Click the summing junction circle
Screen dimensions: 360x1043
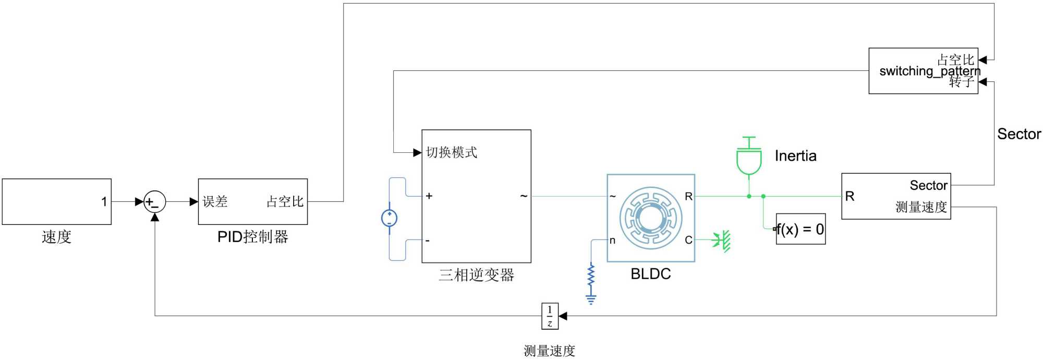click(x=154, y=202)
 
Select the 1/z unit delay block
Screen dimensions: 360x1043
click(x=550, y=316)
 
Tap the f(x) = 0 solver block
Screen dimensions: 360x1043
click(x=801, y=229)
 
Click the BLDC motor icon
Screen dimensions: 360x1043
click(x=650, y=218)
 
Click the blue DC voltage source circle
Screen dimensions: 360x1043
click(x=390, y=218)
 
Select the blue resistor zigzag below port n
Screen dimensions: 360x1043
click(x=591, y=275)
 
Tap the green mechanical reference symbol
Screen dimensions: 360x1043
click(x=723, y=241)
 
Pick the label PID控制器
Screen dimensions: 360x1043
click(x=253, y=237)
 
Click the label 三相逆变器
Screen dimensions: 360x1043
click(x=476, y=275)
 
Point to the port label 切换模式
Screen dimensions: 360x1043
click(x=452, y=152)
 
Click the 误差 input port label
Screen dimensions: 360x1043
click(x=215, y=202)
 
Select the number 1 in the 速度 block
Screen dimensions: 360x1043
click(x=104, y=202)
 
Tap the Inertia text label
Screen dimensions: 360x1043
click(x=795, y=156)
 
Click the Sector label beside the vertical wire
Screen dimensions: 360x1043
click(x=1018, y=134)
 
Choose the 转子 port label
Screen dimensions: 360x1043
click(x=961, y=82)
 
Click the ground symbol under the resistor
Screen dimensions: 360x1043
click(x=591, y=299)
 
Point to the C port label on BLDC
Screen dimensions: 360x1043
click(x=688, y=240)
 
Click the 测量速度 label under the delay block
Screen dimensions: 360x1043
click(x=549, y=351)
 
